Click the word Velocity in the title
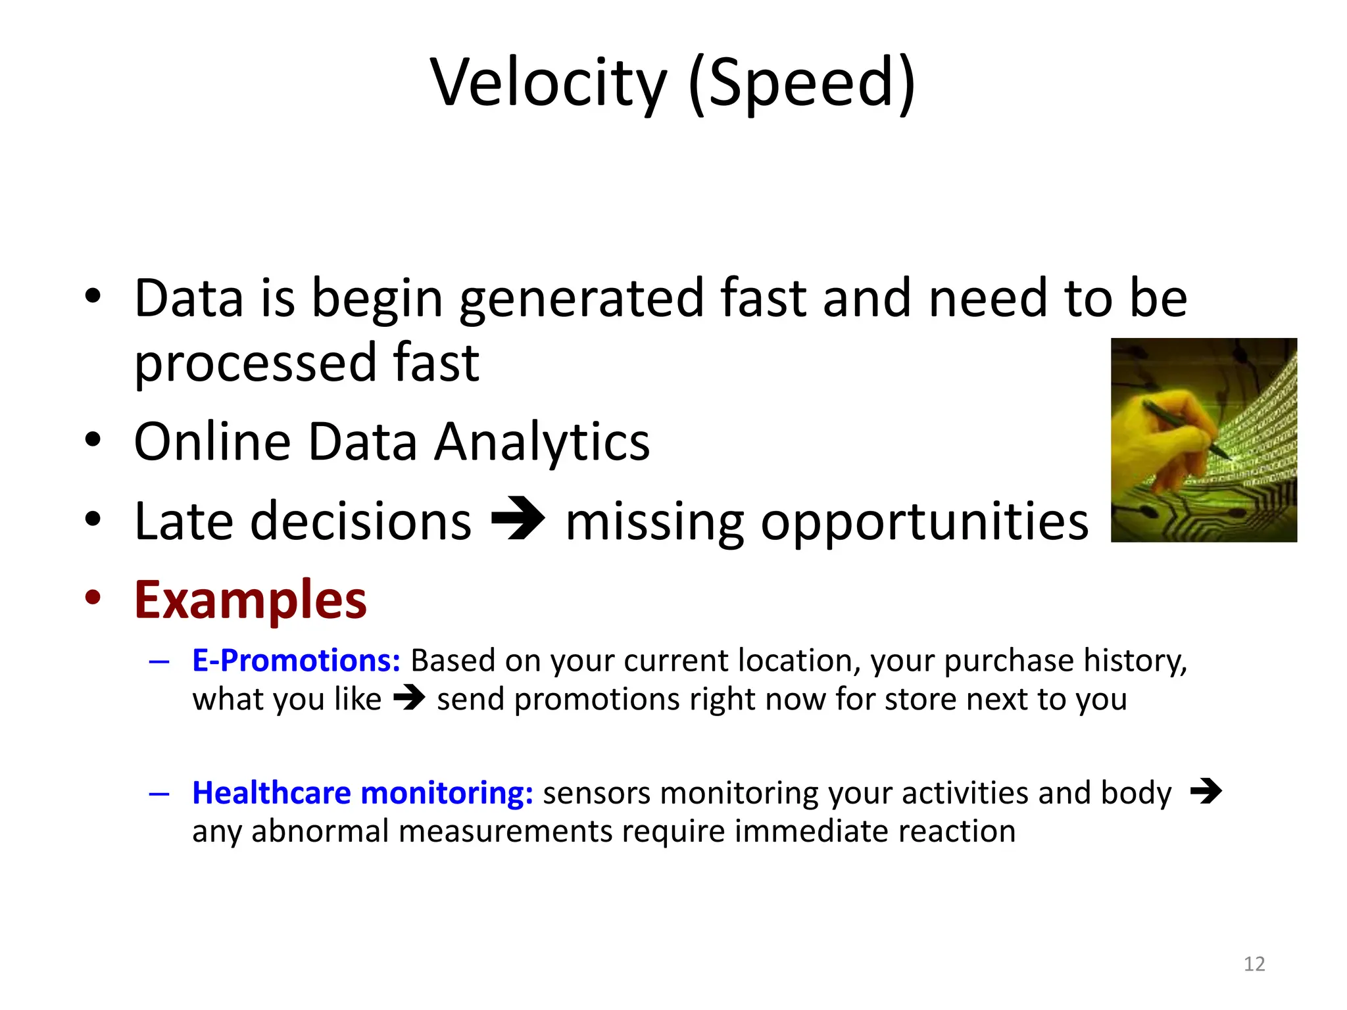(549, 84)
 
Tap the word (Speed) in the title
(802, 84)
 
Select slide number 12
(1254, 964)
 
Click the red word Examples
(250, 600)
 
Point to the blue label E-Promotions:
(296, 660)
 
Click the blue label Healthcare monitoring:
(362, 792)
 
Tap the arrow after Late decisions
(518, 520)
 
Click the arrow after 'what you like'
(408, 698)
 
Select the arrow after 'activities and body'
(1206, 791)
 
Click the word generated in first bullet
(581, 299)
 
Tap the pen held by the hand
(1184, 428)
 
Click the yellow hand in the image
(1177, 454)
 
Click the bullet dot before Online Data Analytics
(93, 439)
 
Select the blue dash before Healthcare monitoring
(159, 794)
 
